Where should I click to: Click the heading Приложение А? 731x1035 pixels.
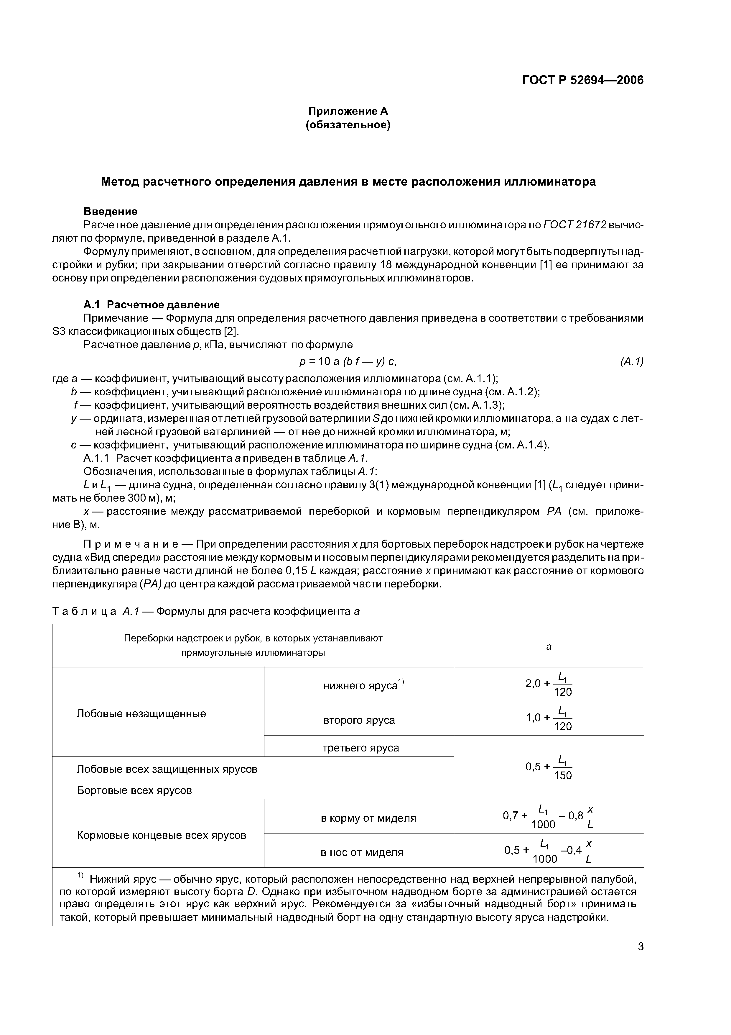click(x=348, y=111)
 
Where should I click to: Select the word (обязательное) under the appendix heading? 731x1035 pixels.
click(x=348, y=125)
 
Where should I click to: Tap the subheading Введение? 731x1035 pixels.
click(x=110, y=212)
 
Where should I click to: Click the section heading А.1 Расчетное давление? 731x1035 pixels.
click(x=151, y=305)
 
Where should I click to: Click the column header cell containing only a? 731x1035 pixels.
click(x=549, y=646)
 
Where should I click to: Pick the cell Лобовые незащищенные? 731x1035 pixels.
click(x=141, y=714)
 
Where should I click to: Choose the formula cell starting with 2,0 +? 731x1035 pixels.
click(x=549, y=684)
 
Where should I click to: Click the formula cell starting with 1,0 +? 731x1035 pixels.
click(x=549, y=718)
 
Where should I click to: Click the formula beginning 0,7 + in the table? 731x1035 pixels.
click(x=549, y=817)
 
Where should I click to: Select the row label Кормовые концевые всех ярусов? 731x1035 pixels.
click(x=161, y=835)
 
